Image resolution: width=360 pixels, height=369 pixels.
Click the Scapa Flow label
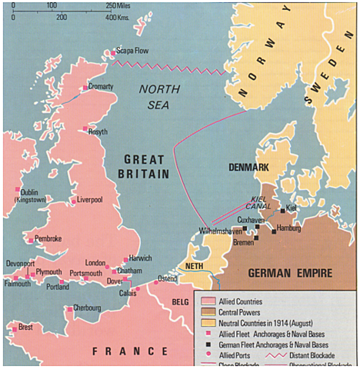(x=132, y=52)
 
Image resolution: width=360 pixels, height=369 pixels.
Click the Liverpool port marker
(x=74, y=201)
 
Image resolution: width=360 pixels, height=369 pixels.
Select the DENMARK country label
(x=248, y=167)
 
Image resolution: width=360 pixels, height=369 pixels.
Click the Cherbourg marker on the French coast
(x=70, y=309)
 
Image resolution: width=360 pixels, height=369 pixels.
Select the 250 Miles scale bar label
(x=117, y=6)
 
